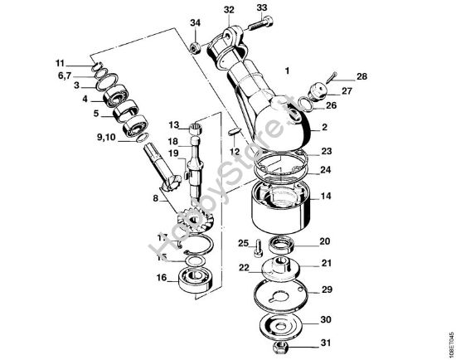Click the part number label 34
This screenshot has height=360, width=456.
point(195,22)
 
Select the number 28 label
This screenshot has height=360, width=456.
point(361,76)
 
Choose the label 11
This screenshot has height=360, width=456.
point(61,63)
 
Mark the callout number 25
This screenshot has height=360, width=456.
point(243,242)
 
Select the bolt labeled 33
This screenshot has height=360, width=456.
point(255,27)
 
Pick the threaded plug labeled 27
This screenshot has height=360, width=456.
point(317,90)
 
